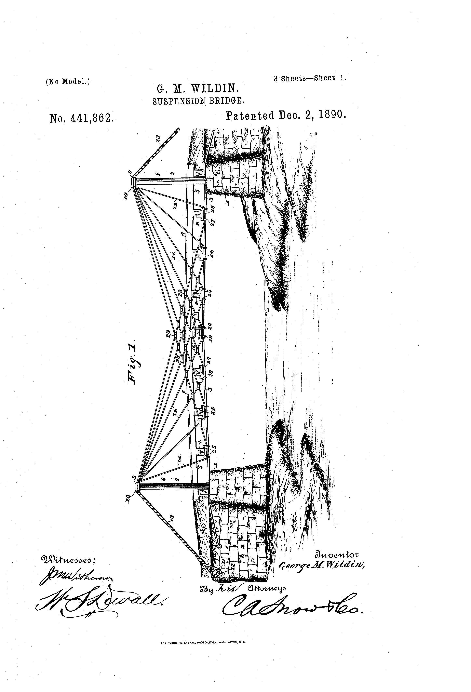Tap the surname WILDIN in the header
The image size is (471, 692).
(215, 89)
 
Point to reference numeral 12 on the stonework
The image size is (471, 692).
(233, 565)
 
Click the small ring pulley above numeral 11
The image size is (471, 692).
(219, 547)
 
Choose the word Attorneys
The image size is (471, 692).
(267, 588)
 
